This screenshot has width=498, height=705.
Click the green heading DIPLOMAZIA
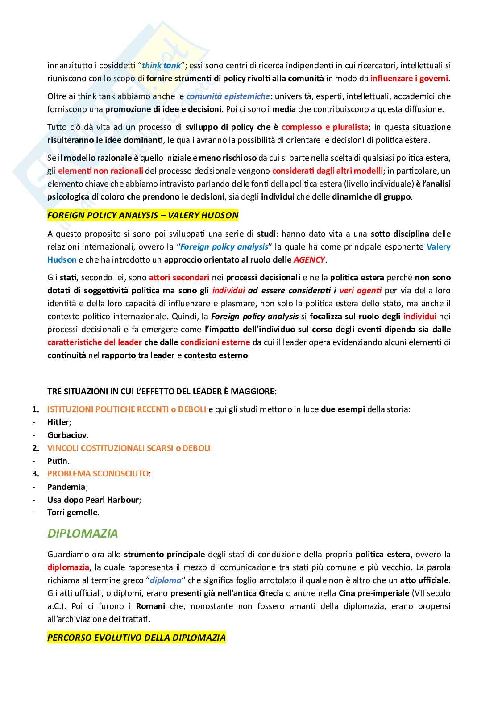[x=83, y=534]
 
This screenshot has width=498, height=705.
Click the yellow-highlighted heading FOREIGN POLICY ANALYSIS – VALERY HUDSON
[x=143, y=216]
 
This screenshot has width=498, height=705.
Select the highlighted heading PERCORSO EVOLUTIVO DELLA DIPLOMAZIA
[x=136, y=638]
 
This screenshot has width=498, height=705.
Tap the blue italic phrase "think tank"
[x=161, y=66]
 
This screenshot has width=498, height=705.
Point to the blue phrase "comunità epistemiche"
[x=228, y=96]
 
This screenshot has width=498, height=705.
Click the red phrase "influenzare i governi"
[x=409, y=79]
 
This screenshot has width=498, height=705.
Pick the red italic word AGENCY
[x=309, y=260]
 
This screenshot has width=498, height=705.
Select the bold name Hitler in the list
[x=58, y=422]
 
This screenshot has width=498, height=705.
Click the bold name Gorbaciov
[x=67, y=435]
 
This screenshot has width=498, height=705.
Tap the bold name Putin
[x=58, y=461]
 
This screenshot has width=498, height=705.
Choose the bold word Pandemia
[x=66, y=487]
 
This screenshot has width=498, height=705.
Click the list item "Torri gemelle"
[x=72, y=513]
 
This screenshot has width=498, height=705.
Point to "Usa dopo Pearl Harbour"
[x=94, y=500]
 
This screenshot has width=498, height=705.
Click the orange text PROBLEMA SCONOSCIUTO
[x=98, y=474]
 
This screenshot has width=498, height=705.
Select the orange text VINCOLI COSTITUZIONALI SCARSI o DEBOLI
[x=129, y=448]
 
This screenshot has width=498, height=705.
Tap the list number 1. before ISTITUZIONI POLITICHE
[x=36, y=409]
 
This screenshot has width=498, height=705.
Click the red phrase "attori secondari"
[x=179, y=278]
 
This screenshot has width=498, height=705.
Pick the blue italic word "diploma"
[x=166, y=580]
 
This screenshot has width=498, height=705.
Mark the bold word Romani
[x=150, y=606]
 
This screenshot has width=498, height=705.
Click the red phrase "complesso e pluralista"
[x=325, y=127]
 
